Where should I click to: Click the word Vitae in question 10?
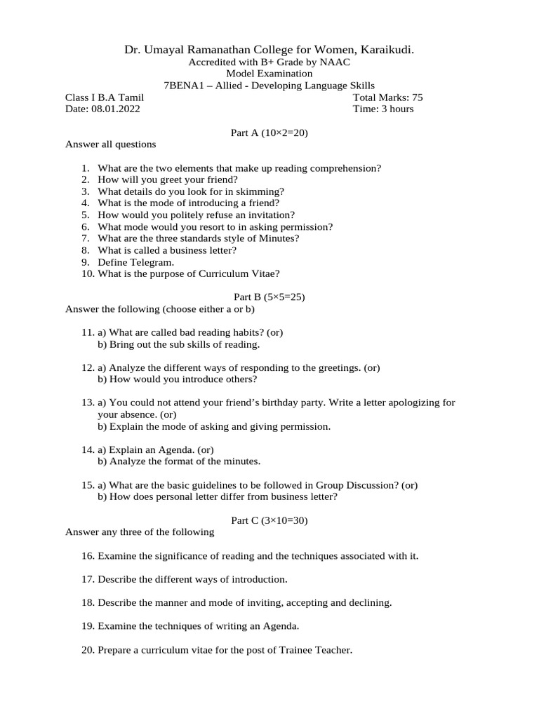coord(266,273)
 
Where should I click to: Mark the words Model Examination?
coord(269,74)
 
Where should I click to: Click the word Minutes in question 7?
coord(279,238)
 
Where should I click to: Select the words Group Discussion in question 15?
coord(352,485)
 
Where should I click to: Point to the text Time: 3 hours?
coord(384,109)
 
